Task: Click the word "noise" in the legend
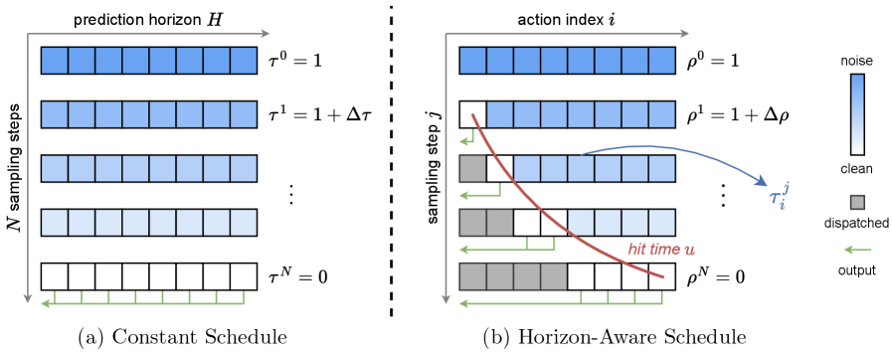856,62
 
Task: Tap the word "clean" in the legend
856,169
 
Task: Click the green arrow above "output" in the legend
856,249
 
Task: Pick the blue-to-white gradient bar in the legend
856,114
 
